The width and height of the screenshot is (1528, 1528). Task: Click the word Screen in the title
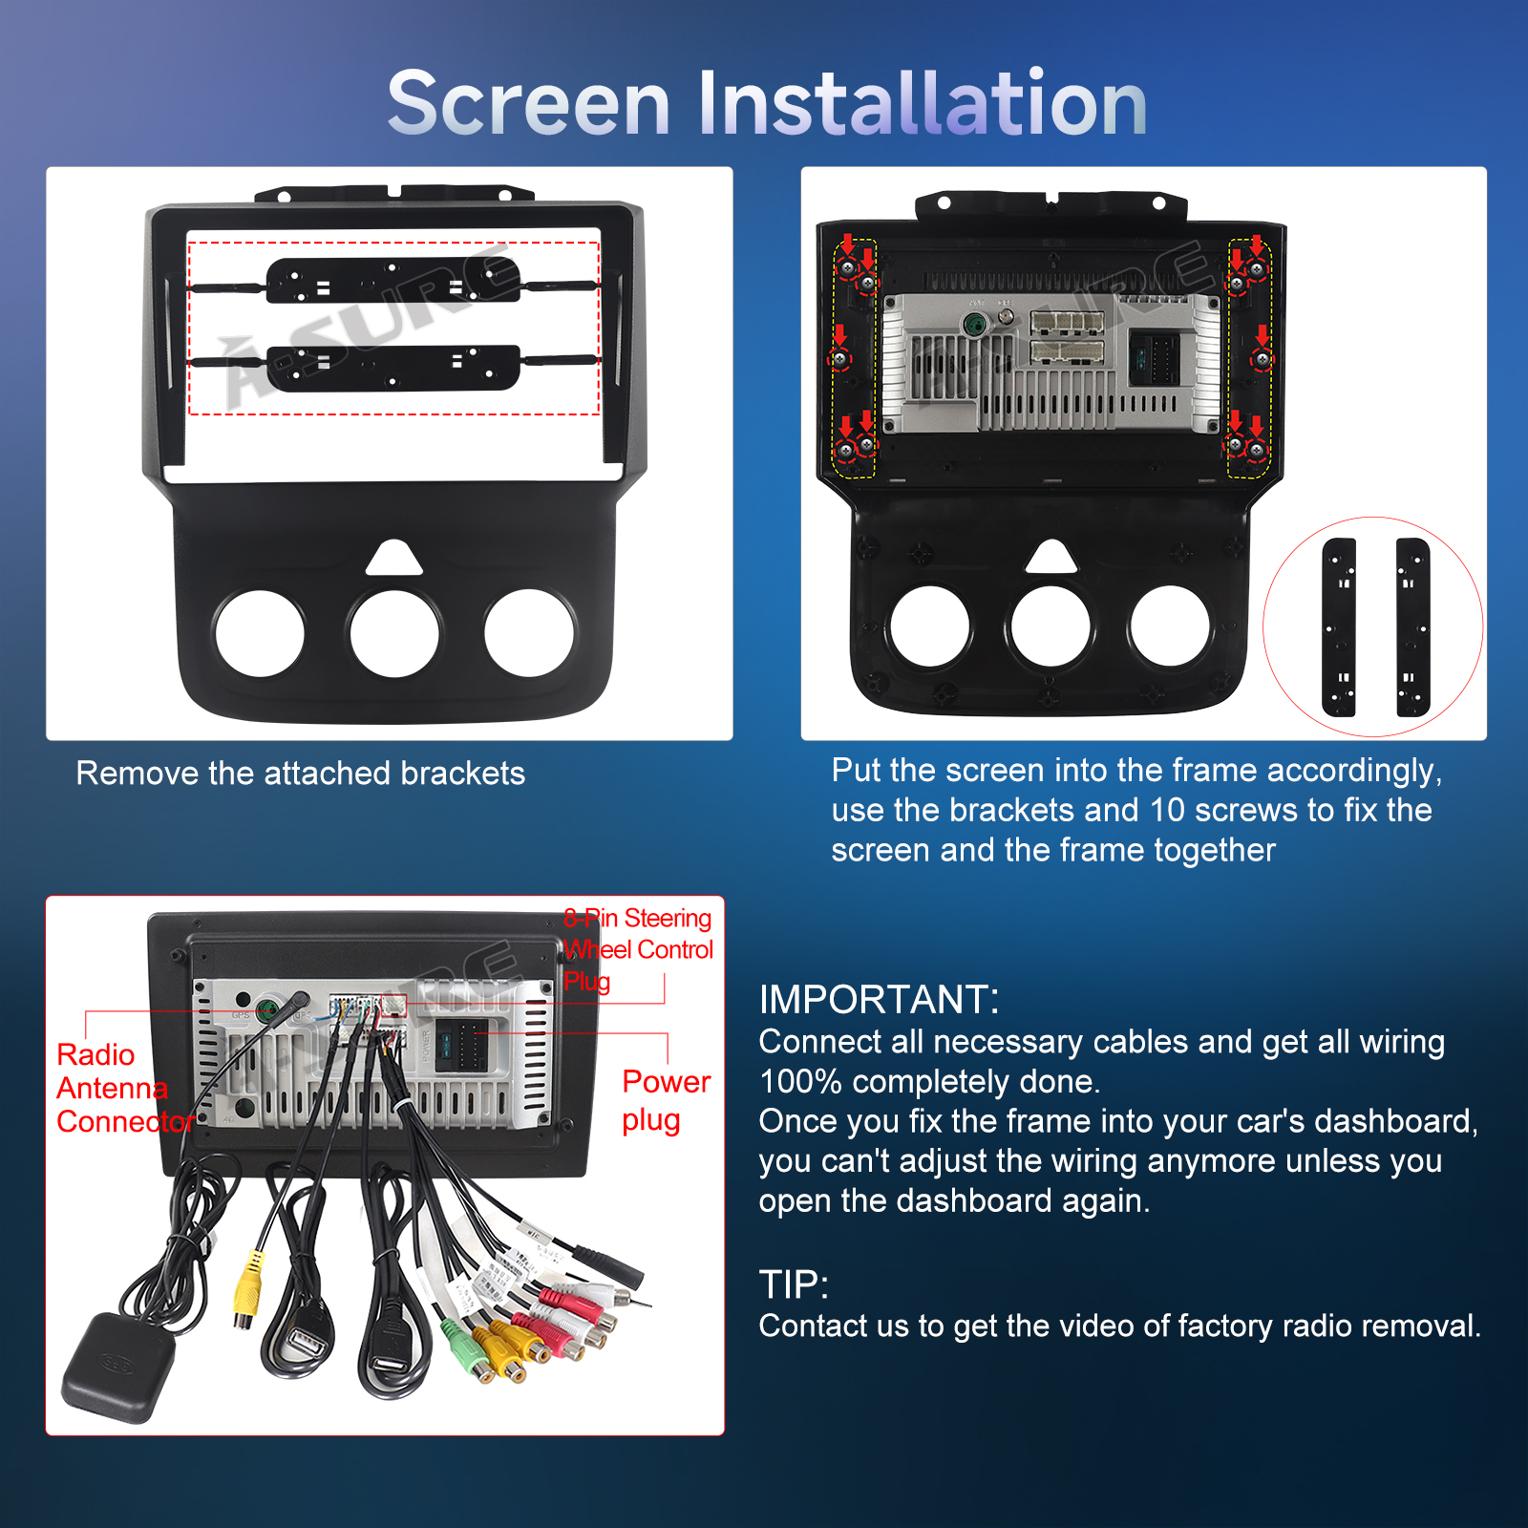click(529, 102)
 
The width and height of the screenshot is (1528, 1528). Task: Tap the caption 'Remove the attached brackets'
click(300, 773)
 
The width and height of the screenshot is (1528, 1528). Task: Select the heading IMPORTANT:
click(879, 999)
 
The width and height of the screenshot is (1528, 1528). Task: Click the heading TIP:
click(794, 1284)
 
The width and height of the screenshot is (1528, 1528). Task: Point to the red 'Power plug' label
click(666, 1100)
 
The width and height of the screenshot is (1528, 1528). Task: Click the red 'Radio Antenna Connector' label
click(124, 1088)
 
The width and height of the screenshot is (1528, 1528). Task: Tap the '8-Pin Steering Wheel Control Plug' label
click(638, 949)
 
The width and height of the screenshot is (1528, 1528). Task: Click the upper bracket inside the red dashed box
click(393, 280)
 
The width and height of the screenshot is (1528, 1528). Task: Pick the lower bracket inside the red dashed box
click(393, 368)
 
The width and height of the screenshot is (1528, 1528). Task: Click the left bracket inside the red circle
click(1339, 626)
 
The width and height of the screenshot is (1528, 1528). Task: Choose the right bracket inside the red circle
click(1412, 626)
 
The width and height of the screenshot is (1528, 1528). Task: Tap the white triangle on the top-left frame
click(394, 559)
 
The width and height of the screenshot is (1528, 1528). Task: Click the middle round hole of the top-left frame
click(394, 633)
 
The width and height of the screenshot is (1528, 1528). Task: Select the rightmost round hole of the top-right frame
click(1170, 626)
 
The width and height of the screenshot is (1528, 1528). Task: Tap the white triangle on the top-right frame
click(1051, 557)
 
